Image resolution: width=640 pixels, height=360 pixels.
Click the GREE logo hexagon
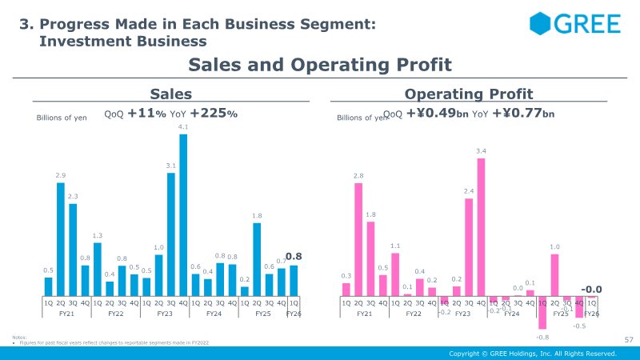542,24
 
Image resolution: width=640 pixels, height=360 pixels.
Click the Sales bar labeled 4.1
183,214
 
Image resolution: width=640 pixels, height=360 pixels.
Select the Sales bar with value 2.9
61,239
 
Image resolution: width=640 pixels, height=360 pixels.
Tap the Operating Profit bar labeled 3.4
481,227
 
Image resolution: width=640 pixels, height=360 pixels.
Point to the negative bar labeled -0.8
542,313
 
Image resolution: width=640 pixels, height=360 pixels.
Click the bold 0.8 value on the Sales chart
293,257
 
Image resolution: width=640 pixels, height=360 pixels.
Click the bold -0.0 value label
591,290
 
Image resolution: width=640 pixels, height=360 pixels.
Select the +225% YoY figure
214,114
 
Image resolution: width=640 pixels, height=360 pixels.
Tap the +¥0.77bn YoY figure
523,114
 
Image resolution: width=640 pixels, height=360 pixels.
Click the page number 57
628,341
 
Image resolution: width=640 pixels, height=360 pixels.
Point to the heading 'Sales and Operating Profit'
320,65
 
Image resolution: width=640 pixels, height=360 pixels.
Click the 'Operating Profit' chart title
469,94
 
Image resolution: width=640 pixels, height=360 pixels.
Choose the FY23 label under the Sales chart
165,314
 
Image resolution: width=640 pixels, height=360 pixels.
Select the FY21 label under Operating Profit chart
365,314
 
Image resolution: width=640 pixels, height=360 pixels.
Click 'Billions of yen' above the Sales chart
62,118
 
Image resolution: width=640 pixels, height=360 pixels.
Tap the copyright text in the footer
532,354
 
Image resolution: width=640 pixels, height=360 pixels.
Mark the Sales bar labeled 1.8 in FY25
257,259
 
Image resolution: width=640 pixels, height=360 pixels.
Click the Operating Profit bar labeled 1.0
554,275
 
